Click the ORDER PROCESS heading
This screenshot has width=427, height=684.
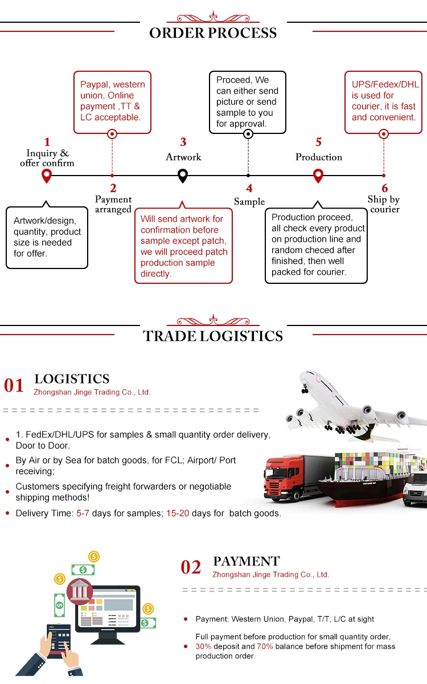(213, 33)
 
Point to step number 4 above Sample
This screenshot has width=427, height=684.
(249, 189)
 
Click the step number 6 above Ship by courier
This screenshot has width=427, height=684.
(385, 189)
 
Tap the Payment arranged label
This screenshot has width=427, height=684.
(113, 204)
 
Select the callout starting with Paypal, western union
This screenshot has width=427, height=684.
(113, 101)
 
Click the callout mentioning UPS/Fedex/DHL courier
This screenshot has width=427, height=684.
(384, 101)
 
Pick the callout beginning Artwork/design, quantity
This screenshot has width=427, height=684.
(47, 237)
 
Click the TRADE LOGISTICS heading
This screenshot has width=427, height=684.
(213, 336)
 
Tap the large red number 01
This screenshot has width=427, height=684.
(14, 386)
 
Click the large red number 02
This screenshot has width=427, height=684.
(191, 567)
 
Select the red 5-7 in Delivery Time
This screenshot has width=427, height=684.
(83, 513)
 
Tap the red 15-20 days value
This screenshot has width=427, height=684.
(178, 513)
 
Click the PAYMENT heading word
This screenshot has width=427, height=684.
(247, 561)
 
